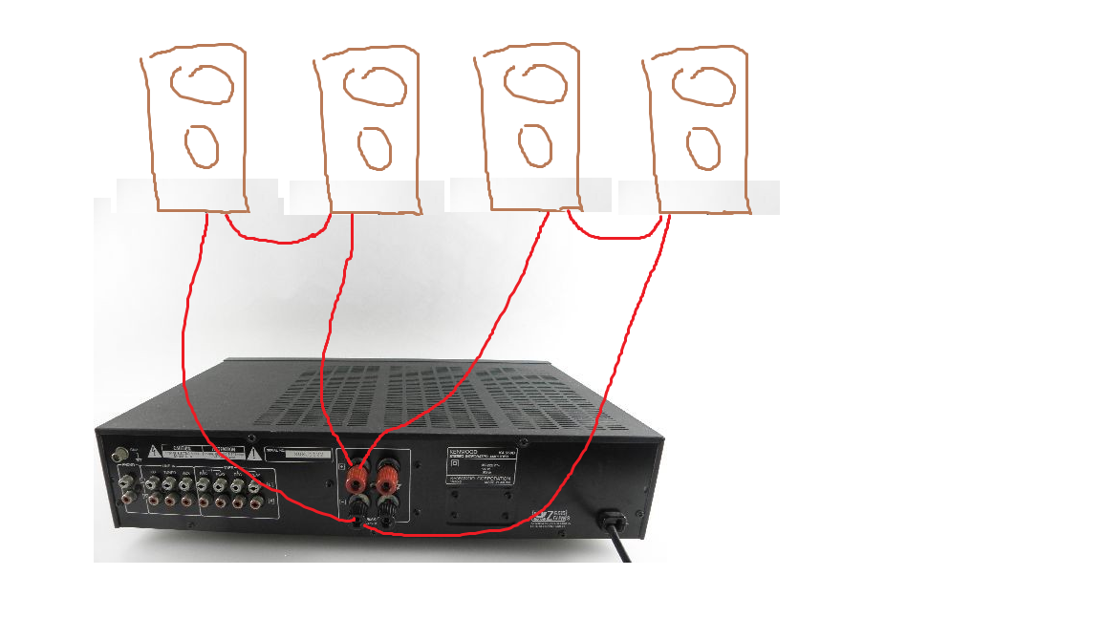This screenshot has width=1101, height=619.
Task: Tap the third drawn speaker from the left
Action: point(529,130)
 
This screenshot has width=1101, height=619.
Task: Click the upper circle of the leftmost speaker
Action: point(202,84)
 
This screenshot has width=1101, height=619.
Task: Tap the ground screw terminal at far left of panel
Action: point(121,457)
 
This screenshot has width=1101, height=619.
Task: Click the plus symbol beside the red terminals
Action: point(343,466)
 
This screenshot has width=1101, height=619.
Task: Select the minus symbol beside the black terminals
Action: point(343,501)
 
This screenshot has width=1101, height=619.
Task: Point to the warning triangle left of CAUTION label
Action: point(153,451)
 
